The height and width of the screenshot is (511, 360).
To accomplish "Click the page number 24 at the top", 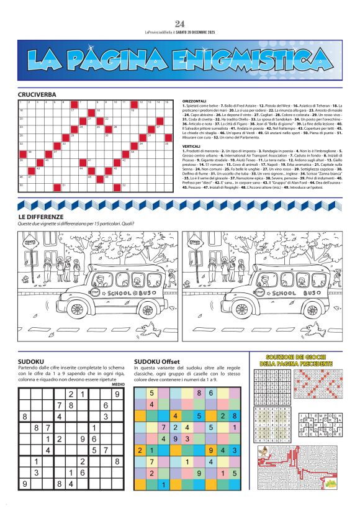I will pos(180,24).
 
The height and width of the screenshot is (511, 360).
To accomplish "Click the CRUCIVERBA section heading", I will pos(37,94).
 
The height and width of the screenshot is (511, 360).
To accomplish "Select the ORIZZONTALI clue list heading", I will pos(194,101).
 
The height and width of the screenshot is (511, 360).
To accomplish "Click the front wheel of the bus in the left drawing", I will pos(147,310).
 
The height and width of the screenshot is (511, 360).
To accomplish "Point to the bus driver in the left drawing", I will pos(146,278).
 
